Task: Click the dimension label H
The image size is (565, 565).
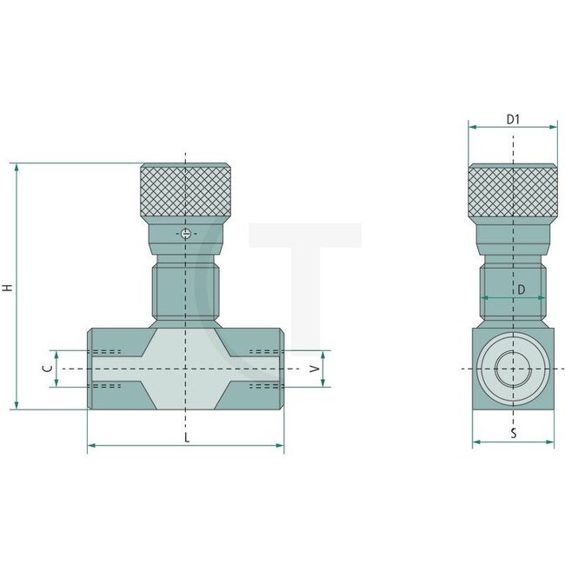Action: coord(8,286)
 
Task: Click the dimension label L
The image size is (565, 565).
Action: coord(186,437)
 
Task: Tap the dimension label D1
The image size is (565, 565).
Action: coord(513,118)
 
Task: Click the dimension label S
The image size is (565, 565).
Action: coord(513,433)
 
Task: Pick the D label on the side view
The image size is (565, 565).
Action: coord(521,289)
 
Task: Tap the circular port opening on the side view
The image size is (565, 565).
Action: coord(513,369)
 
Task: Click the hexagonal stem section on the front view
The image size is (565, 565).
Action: coord(185,294)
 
